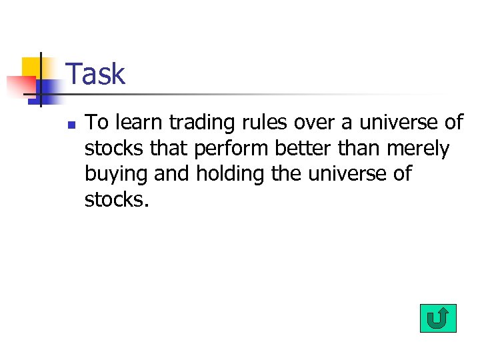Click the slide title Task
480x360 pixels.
point(96,74)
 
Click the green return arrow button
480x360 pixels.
point(438,318)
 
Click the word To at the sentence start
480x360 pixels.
point(98,123)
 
